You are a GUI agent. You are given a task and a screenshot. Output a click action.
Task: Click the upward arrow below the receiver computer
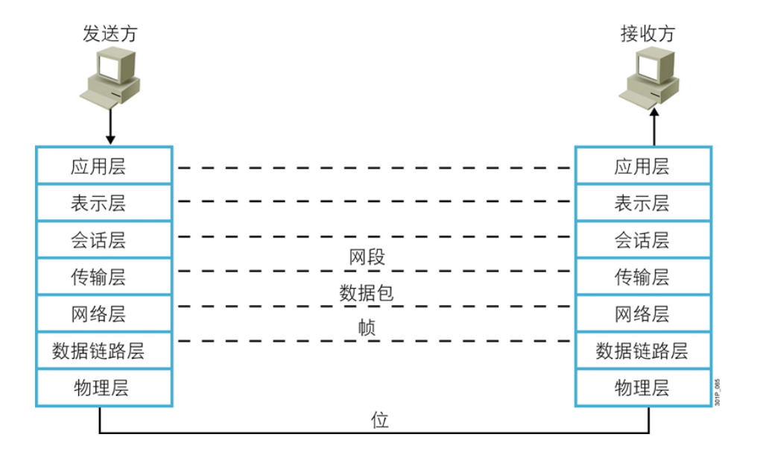coord(654,124)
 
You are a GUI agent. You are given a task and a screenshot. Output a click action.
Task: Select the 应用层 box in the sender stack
coord(104,166)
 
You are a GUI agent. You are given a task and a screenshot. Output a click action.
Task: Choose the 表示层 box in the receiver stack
coord(642,203)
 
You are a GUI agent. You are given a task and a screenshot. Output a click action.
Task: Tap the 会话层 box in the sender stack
coord(104,240)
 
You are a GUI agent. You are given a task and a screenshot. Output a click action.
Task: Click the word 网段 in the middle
coord(367,258)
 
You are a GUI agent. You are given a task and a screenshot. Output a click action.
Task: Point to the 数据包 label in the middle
coord(367,294)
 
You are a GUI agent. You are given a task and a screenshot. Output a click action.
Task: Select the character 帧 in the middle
coord(367,329)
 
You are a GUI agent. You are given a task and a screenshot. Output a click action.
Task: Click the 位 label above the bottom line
coord(380,420)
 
